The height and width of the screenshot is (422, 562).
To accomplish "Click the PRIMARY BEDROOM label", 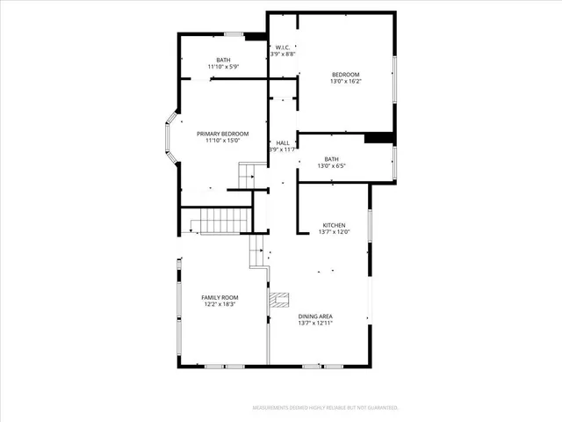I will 222,134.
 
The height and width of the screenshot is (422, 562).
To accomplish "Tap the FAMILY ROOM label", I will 221,298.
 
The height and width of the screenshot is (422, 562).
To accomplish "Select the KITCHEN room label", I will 335,225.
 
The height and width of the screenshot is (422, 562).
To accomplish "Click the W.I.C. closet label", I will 283,47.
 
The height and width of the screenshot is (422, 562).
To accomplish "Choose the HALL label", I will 283,142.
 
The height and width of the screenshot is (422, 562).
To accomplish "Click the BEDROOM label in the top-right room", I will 345,75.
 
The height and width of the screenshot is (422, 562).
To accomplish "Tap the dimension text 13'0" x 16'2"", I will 345,82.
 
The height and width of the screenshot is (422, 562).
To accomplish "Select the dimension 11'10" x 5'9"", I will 224,67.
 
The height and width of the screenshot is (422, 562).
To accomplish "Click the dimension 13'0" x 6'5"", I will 331,166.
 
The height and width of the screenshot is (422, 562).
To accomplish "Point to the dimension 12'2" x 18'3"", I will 221,305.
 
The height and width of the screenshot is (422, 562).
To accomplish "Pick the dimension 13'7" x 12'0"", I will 335,232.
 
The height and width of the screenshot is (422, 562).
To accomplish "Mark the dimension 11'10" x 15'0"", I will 222,141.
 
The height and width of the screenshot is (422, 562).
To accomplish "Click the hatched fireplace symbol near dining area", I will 280,301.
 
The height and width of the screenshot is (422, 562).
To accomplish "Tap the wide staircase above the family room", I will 220,221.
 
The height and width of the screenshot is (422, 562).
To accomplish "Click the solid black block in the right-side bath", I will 378,137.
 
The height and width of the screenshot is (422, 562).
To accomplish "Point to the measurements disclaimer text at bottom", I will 325,408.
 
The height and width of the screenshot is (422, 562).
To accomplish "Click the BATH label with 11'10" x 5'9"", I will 224,60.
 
